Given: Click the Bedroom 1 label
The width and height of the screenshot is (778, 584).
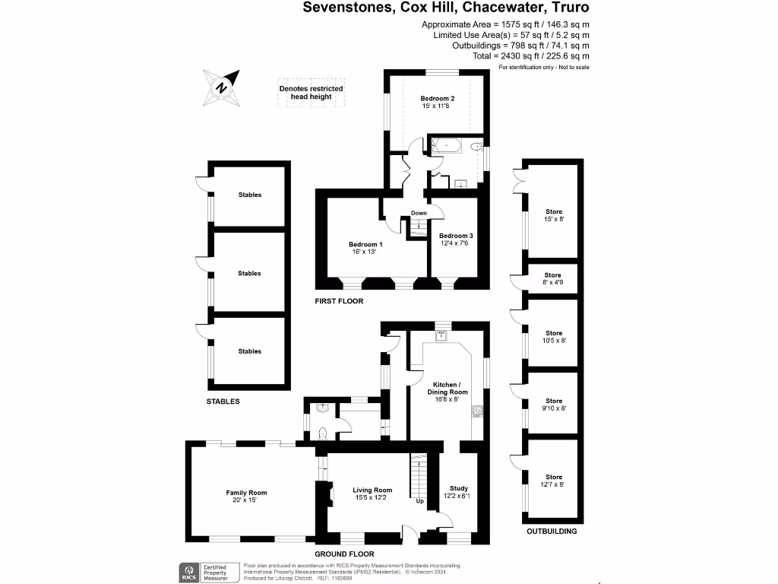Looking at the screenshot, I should [365, 248].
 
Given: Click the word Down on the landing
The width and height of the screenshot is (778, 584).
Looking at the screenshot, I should [419, 213].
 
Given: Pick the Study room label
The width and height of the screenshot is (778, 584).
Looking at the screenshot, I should [459, 492].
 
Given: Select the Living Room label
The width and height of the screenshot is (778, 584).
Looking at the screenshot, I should [372, 494].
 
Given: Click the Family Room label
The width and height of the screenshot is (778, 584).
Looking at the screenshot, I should [246, 497].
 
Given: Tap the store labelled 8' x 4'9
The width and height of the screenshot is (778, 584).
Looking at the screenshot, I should [553, 279].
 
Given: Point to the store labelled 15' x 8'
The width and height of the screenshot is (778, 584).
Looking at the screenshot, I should [554, 215].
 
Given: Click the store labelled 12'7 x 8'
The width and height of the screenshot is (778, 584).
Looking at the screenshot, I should [553, 481].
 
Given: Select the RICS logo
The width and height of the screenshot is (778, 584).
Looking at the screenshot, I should [186, 571].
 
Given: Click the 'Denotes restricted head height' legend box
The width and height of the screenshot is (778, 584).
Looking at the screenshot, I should [311, 93].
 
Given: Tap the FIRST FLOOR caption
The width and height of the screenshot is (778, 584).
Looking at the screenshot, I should [339, 302].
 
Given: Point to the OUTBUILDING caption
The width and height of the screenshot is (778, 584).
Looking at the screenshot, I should [552, 532].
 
